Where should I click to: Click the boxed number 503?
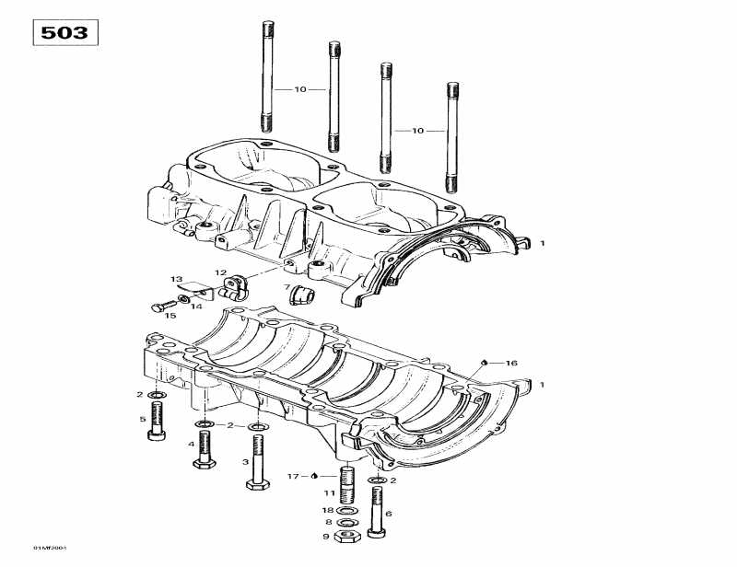pos(65,33)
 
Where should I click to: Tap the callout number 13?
pos(176,278)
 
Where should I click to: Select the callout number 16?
pos(511,363)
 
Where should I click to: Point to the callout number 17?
pos(293,476)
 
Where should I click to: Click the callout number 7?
pos(287,287)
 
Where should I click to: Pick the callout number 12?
pos(220,272)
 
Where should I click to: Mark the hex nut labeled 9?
pos(347,535)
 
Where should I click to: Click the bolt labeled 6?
pos(377,512)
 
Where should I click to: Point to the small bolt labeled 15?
pos(159,305)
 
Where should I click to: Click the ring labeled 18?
pos(347,509)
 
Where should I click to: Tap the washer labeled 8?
pos(347,521)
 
